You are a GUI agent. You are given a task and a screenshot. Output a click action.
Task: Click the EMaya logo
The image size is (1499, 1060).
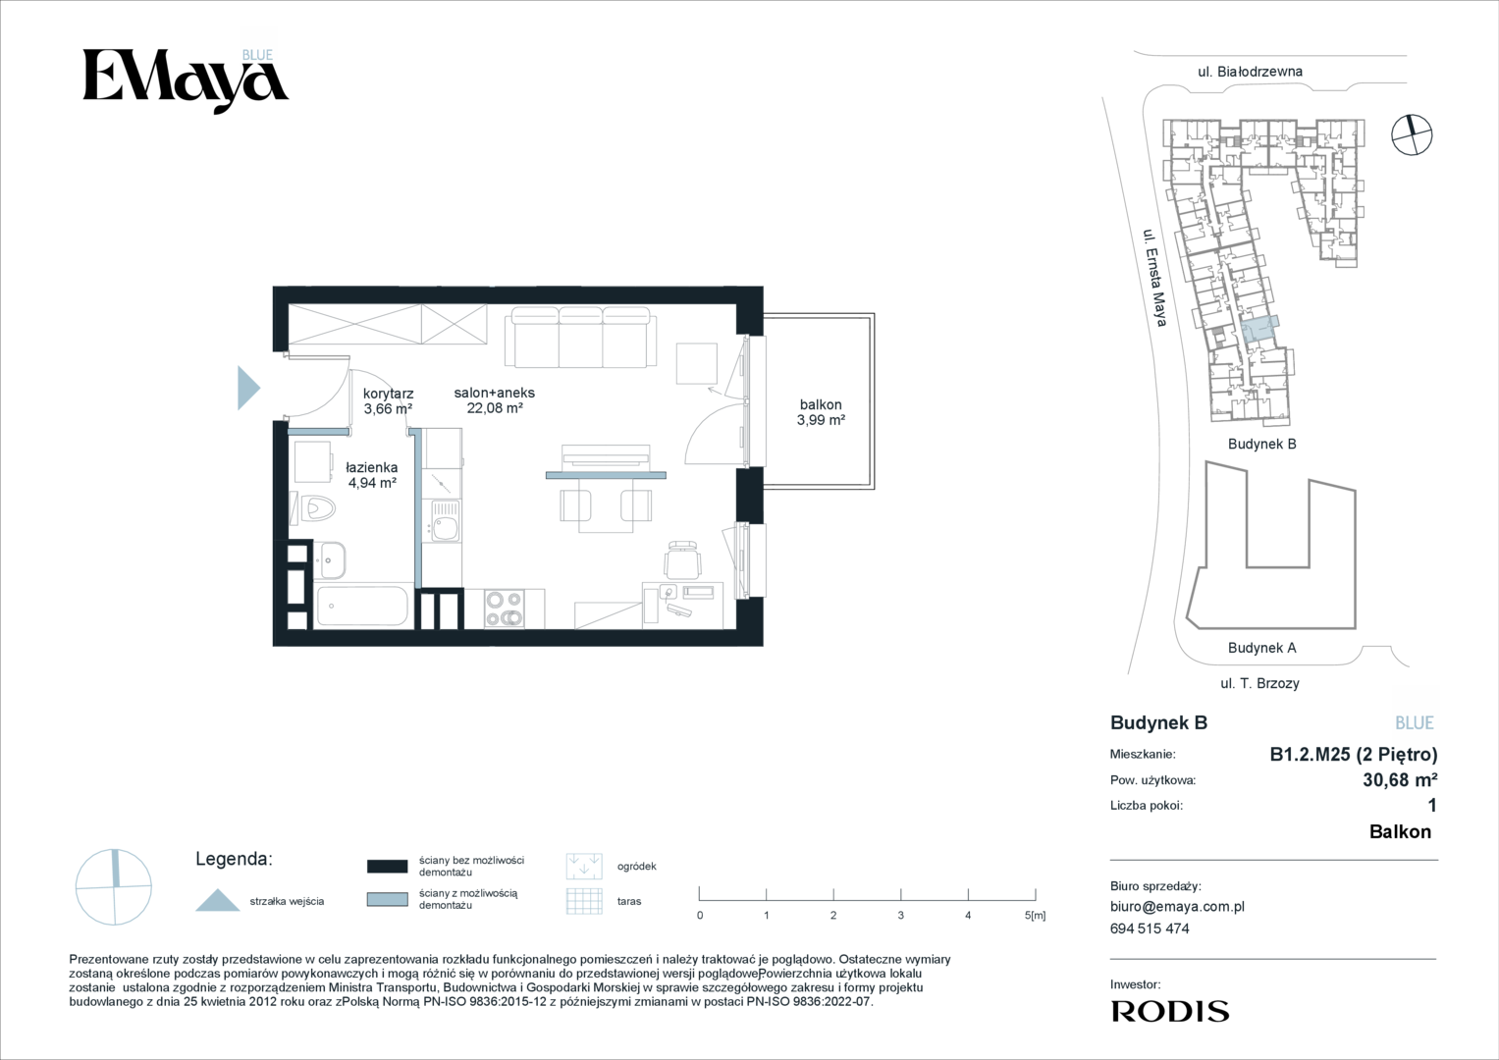[x=186, y=80]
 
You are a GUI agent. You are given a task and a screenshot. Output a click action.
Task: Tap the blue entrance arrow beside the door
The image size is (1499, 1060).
[x=248, y=388]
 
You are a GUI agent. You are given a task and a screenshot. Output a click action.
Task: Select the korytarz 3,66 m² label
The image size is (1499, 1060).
[x=388, y=400]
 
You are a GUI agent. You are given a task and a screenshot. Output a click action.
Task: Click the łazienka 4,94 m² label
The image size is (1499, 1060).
[x=372, y=474]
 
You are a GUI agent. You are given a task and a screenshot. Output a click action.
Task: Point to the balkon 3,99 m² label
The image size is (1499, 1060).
[x=821, y=412]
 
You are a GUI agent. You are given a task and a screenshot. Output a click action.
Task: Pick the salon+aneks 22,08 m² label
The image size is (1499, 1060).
[x=495, y=400]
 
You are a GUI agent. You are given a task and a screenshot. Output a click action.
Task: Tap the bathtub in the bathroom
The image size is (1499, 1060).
[x=362, y=607]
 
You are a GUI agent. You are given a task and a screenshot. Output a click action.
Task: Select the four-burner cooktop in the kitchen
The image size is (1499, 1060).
[x=504, y=609]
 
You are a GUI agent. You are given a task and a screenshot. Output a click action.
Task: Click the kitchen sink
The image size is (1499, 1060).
[x=444, y=520]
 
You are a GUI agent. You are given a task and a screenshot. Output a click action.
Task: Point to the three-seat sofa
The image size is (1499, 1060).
[x=581, y=338]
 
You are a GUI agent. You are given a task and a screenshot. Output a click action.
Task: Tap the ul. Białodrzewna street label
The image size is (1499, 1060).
[x=1250, y=72]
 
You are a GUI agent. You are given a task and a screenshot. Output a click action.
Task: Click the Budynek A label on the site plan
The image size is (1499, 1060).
[x=1262, y=648]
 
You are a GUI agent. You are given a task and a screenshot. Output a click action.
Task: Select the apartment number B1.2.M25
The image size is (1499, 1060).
[x=1311, y=755]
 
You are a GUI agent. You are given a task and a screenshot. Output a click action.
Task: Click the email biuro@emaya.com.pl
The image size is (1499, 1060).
[x=1177, y=907]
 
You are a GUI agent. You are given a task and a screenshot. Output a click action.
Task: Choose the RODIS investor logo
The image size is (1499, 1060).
[x=1170, y=1011]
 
